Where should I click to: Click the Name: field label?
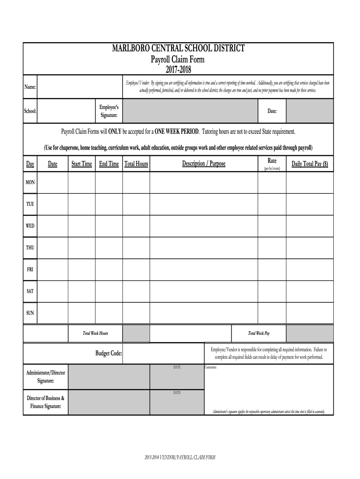point(30,87)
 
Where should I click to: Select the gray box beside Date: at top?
point(310,111)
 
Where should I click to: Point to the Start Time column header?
point(82,164)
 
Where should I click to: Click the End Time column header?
point(109,164)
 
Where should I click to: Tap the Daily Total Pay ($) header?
point(310,164)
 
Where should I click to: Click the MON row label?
point(30,182)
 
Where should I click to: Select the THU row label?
point(30,247)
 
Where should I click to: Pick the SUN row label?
point(30,312)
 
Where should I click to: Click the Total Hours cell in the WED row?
point(136,226)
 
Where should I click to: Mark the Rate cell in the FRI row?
point(272,269)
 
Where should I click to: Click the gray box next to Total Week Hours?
point(136,334)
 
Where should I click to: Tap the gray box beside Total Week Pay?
point(310,334)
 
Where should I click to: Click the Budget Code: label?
point(109,354)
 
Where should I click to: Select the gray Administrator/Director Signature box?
point(108,377)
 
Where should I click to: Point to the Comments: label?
point(211,367)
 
